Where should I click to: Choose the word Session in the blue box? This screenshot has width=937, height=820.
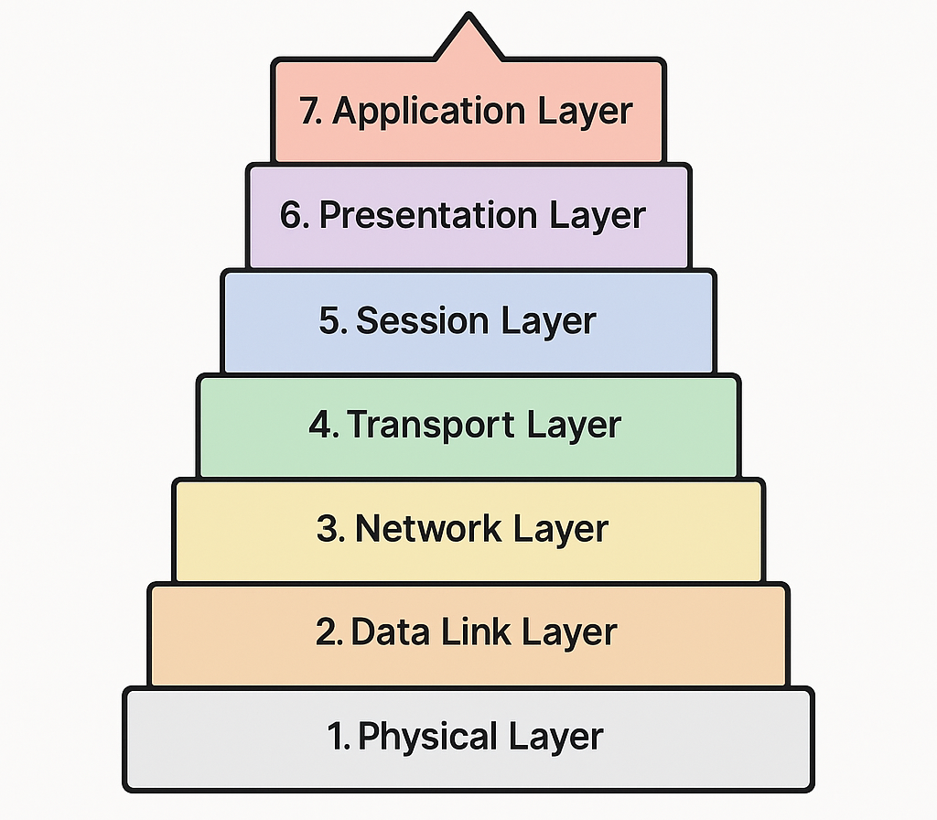(x=415, y=321)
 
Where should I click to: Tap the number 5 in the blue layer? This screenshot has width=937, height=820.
(x=330, y=321)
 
